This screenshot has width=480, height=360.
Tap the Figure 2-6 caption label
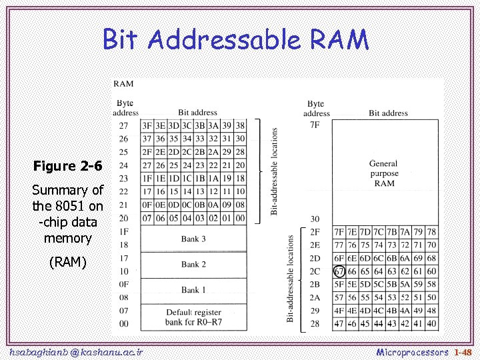coord(67,165)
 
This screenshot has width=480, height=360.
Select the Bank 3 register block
coord(193,239)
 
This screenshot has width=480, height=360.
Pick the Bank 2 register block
coord(193,265)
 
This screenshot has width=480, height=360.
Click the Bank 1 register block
coord(193,290)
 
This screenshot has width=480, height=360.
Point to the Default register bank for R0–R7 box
coord(193,317)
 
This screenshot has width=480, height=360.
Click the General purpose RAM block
coord(384,173)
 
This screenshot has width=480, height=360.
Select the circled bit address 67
coord(339,271)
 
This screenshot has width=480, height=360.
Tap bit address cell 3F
coord(147,125)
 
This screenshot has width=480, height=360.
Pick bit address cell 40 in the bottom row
coord(432,324)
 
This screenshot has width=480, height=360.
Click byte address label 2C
coord(315,271)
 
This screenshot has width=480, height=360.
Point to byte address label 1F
coord(123,231)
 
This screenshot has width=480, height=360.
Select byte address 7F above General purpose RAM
coord(315,125)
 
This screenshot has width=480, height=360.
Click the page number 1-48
coord(462,351)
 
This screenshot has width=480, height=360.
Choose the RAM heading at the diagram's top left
coord(123,84)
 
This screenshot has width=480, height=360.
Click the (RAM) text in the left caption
coord(68,262)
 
